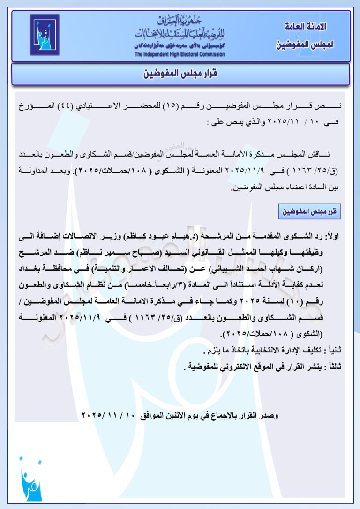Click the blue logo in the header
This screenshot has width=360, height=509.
click(x=45, y=35)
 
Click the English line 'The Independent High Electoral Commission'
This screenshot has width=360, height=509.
click(x=180, y=54)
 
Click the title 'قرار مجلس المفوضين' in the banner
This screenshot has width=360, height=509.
click(x=180, y=74)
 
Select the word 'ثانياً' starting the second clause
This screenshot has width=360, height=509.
click(x=337, y=351)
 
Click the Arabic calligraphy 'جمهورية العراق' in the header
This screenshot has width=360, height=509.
click(x=180, y=21)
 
